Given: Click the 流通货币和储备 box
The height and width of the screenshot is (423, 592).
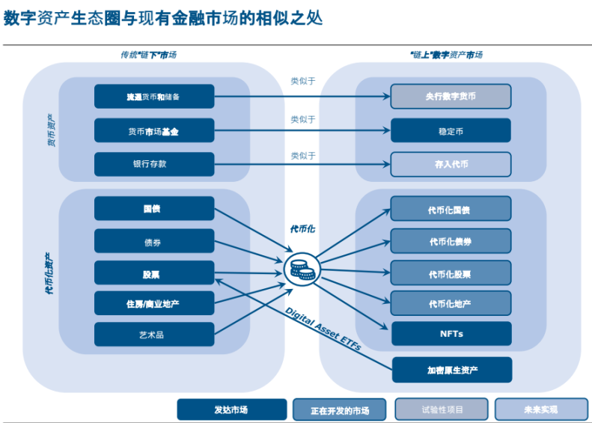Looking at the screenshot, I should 154,97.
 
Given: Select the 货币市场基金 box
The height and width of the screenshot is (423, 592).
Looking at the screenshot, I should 154,130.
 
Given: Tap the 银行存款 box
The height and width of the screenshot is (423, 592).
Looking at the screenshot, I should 154,164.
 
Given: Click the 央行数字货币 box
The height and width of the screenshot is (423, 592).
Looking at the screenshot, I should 451,97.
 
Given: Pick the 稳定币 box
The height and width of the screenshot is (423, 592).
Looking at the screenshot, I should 451,130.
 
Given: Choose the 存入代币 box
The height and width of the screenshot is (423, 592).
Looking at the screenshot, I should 451,164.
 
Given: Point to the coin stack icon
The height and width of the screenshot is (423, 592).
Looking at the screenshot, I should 302,269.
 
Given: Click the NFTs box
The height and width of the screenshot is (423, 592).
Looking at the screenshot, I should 451,334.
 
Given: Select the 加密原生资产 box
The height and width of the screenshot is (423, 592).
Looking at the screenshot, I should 451,370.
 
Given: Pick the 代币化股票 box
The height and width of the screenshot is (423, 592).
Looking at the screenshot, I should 451,274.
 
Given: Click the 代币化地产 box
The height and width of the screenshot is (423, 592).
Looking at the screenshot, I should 451,303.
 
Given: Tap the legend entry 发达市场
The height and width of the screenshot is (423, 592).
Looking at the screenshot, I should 231,410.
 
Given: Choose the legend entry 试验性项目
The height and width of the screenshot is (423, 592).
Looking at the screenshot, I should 442,410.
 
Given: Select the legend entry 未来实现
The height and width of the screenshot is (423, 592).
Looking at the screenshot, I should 540,410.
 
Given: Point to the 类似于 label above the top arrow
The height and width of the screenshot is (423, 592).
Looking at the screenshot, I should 303,82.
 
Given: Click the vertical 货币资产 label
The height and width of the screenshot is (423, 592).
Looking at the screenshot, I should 51,130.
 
